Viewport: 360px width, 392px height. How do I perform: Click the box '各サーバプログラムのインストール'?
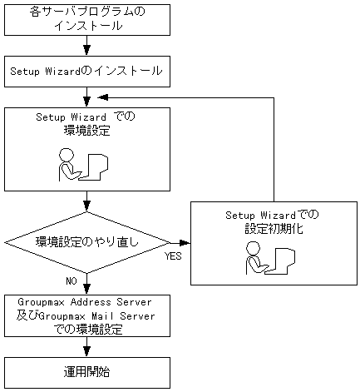[x=87, y=18]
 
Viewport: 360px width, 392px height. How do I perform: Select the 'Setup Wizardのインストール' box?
[x=87, y=71]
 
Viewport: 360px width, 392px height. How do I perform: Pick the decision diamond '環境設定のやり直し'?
[x=87, y=242]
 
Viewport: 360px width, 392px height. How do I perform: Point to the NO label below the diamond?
[x=72, y=280]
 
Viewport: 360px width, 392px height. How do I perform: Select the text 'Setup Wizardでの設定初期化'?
[x=272, y=221]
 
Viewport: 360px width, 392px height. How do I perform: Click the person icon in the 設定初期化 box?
[x=254, y=261]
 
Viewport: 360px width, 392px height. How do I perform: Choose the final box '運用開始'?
[x=87, y=371]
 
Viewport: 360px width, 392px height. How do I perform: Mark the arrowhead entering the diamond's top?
[x=87, y=209]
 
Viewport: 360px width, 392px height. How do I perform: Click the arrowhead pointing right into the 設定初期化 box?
[x=185, y=243]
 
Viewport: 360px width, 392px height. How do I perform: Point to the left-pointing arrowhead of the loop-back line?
[x=176, y=97]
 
